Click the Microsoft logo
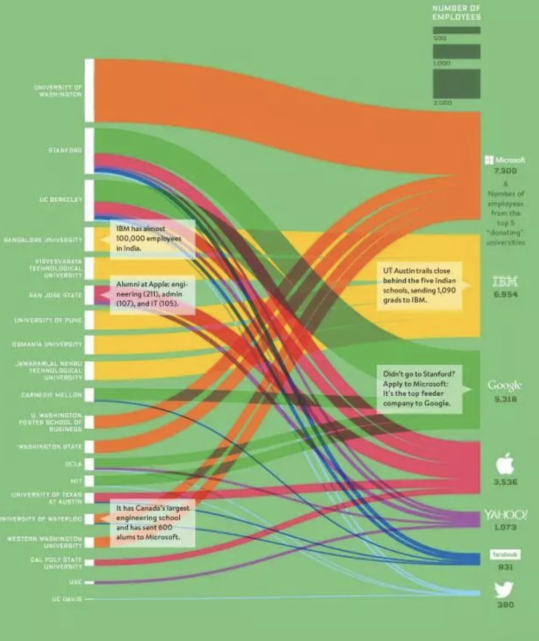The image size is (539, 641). click(505, 160)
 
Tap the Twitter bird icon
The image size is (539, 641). click(504, 589)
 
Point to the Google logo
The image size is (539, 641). click(504, 385)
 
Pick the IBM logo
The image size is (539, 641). click(505, 281)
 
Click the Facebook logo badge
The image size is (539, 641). click(505, 554)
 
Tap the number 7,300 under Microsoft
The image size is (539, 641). click(505, 171)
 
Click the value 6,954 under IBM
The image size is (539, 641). click(505, 295)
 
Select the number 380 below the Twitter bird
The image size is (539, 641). click(505, 604)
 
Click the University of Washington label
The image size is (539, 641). click(58, 90)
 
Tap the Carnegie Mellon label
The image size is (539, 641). click(52, 395)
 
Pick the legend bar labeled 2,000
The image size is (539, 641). click(456, 84)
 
